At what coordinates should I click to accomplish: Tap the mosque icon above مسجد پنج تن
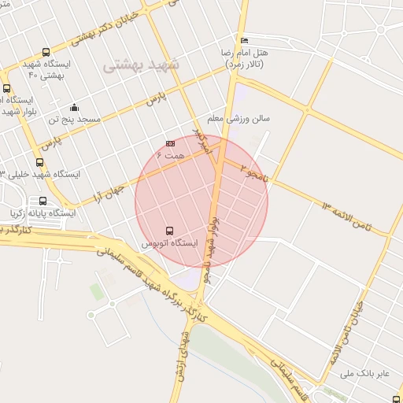[x=74, y=108]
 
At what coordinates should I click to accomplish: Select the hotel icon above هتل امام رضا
[x=245, y=41]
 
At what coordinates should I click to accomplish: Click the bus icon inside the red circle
[x=170, y=231]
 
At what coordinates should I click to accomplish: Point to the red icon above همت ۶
[x=170, y=144]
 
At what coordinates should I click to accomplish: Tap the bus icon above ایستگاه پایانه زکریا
[x=43, y=201]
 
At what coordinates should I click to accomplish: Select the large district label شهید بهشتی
[x=142, y=65]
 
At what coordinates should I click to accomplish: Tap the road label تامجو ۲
[x=253, y=173]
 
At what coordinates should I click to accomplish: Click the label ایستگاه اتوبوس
[x=170, y=244]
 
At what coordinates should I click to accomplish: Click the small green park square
[x=96, y=293]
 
